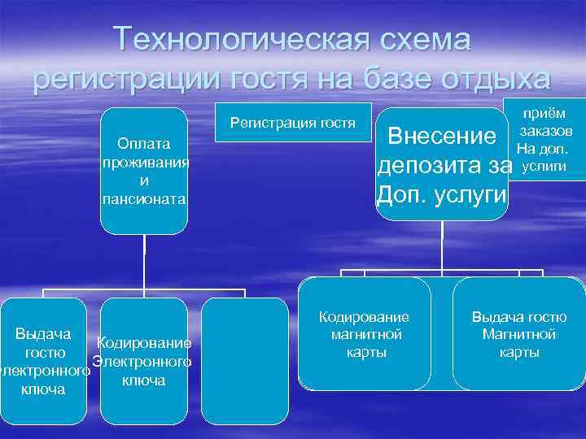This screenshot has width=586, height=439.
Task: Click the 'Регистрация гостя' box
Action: (293, 123)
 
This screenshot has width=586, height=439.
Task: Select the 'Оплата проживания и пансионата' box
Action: (144, 171)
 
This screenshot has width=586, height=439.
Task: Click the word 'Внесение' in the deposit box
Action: (443, 137)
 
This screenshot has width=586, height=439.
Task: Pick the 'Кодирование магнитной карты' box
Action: (364, 334)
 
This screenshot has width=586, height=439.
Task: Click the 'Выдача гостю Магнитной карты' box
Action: (518, 334)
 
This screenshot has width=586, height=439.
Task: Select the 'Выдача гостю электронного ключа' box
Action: (44, 362)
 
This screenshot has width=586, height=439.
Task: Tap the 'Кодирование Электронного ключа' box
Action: (143, 362)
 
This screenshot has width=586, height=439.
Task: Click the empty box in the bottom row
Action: (244, 362)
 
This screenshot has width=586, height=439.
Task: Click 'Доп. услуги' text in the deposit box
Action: (440, 196)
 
